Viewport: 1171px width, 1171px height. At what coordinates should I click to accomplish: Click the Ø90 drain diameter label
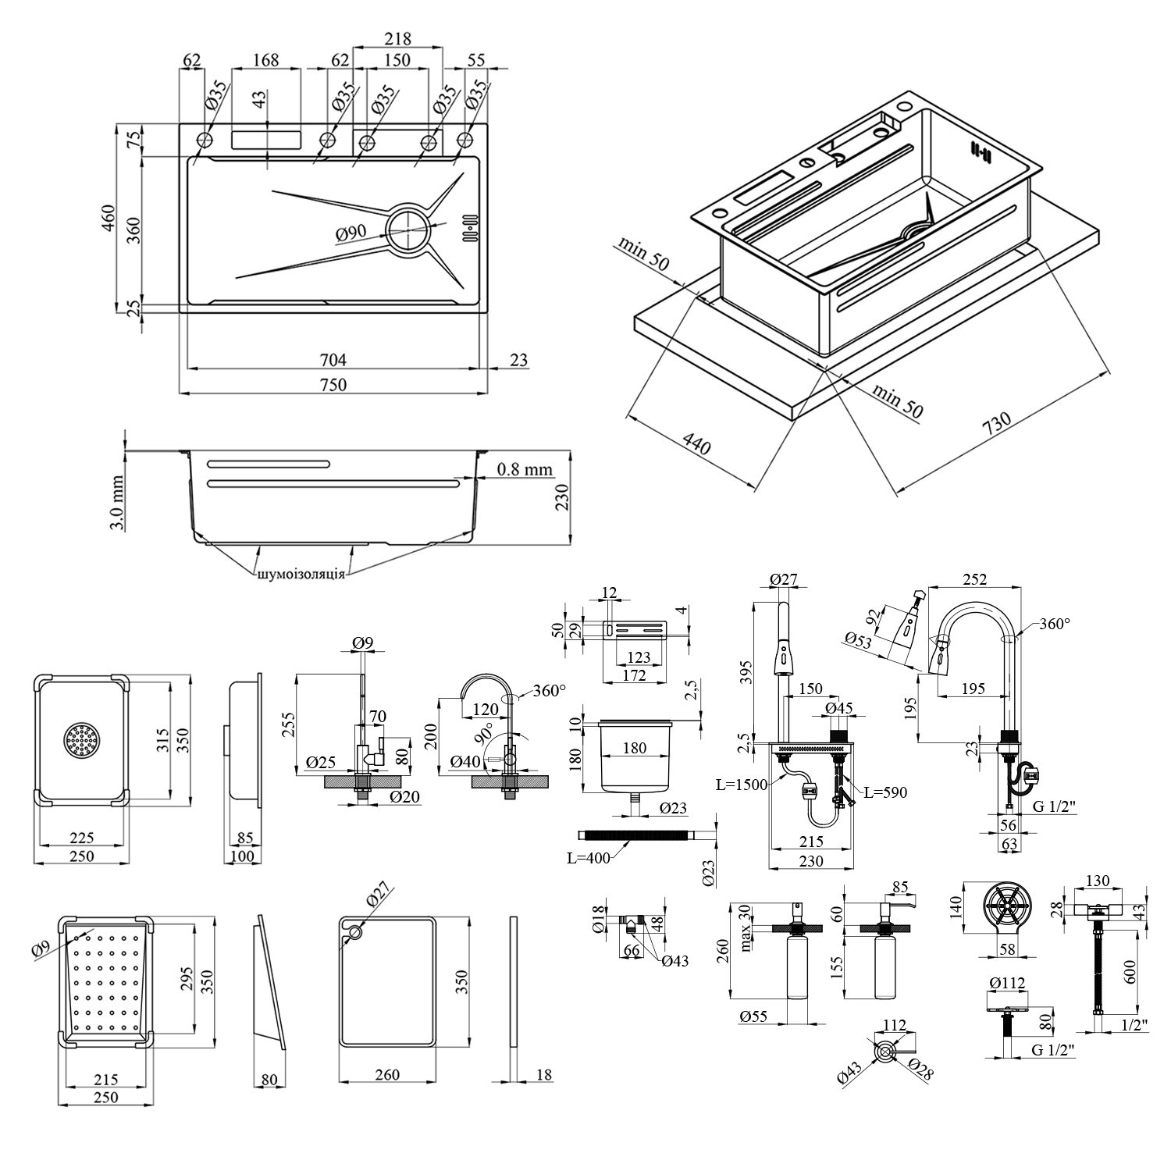pyautogui.click(x=352, y=233)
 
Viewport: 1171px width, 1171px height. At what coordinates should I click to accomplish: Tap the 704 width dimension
pyautogui.click(x=333, y=360)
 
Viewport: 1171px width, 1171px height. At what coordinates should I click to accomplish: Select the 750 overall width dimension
pyautogui.click(x=333, y=384)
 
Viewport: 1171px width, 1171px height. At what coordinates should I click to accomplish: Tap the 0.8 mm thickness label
pyautogui.click(x=525, y=469)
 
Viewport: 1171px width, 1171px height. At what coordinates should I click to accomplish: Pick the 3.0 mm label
pyautogui.click(x=116, y=504)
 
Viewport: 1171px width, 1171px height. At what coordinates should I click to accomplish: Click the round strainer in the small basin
pyautogui.click(x=82, y=740)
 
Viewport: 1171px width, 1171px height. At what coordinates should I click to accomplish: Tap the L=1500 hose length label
pyautogui.click(x=741, y=785)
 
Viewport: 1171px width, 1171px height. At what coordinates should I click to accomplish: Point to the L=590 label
pyautogui.click(x=885, y=792)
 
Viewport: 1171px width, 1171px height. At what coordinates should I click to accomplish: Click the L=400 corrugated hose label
pyautogui.click(x=588, y=858)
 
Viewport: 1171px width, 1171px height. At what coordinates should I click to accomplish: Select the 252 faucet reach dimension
pyautogui.click(x=975, y=579)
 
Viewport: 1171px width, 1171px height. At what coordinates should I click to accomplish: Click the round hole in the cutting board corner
pyautogui.click(x=356, y=932)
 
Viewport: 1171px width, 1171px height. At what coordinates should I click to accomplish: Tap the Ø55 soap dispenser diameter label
pyautogui.click(x=754, y=1016)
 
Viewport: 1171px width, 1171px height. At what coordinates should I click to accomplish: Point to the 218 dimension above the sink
pyautogui.click(x=397, y=38)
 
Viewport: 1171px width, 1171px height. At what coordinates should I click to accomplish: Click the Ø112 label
pyautogui.click(x=1006, y=983)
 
